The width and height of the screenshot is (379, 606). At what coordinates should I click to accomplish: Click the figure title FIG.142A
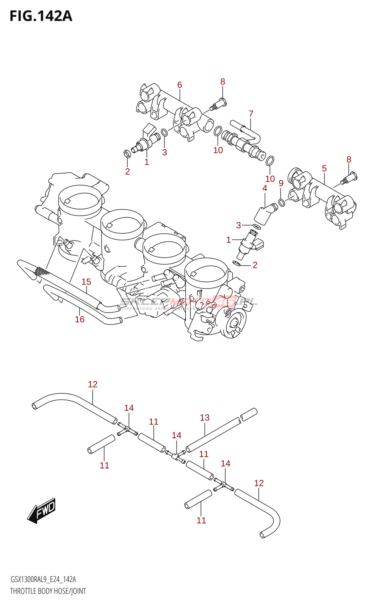41,16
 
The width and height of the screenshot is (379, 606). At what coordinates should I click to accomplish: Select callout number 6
180,85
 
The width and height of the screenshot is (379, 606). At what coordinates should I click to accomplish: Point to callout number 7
251,114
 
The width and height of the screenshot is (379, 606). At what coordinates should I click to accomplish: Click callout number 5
324,168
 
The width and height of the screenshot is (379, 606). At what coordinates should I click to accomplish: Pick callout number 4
265,188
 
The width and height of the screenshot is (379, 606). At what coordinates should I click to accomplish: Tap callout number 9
281,183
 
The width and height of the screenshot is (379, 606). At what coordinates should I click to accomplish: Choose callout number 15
86,282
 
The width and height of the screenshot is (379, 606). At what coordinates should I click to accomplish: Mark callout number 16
80,319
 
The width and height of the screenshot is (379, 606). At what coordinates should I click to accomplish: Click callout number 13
205,417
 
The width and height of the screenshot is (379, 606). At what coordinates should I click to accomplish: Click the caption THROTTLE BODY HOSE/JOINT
48,591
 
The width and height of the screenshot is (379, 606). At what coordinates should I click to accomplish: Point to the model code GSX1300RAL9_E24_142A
43,579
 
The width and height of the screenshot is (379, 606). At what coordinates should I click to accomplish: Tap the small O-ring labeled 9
282,203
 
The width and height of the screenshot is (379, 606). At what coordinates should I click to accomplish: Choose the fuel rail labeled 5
322,197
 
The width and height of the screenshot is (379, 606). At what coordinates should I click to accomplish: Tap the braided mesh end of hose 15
41,271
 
